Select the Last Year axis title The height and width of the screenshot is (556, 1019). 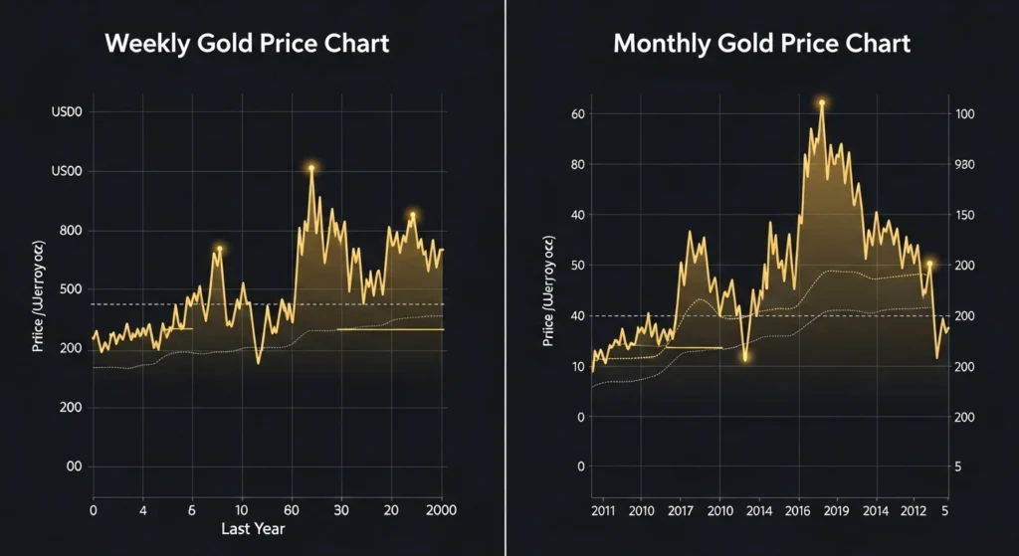(254, 529)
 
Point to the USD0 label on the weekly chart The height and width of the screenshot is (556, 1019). (66, 112)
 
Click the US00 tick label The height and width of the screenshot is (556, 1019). (66, 172)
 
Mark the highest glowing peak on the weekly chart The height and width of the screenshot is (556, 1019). (311, 168)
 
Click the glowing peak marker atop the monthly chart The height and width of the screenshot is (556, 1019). (822, 102)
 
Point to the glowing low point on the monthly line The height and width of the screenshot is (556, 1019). (744, 357)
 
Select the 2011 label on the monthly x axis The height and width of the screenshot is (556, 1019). (604, 511)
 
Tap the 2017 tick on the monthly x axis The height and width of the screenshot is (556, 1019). (681, 511)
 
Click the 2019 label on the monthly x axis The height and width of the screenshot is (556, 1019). (836, 511)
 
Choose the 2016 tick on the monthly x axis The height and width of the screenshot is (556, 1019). (798, 511)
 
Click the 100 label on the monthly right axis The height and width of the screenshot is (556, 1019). (964, 114)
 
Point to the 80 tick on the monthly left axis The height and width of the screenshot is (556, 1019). (577, 165)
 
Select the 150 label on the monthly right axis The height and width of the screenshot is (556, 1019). (964, 216)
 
